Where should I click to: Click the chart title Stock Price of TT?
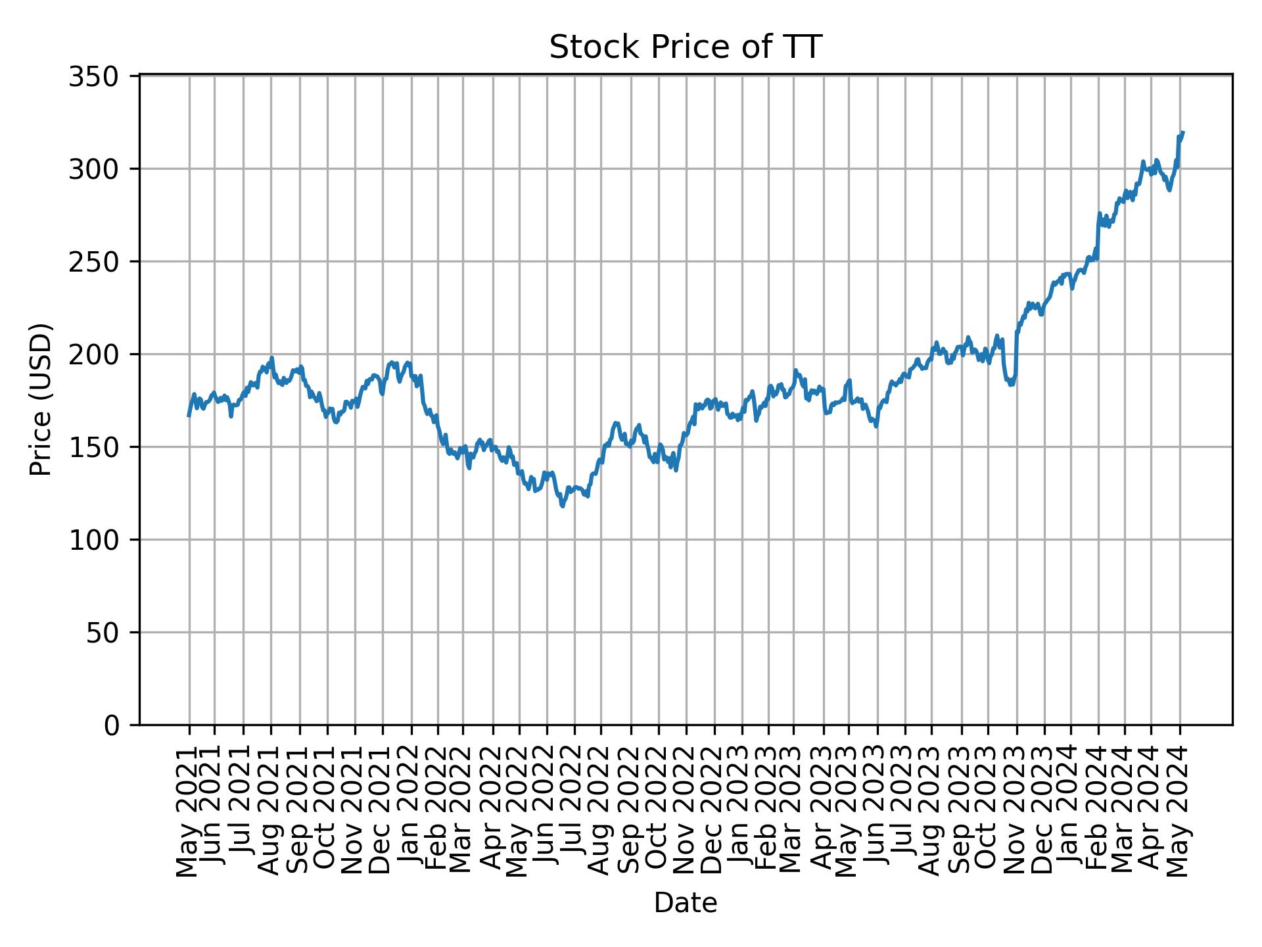685,48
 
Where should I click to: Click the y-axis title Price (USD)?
41,399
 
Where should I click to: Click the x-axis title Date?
685,904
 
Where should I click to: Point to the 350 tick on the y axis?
103,77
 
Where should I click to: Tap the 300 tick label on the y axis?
103,170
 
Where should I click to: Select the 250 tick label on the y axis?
103,262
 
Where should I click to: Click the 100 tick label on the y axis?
103,540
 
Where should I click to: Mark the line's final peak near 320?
1182,132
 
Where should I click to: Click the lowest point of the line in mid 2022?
562,506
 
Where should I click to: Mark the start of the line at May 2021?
189,416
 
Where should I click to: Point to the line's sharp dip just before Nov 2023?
1012,385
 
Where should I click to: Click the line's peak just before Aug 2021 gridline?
271,358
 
